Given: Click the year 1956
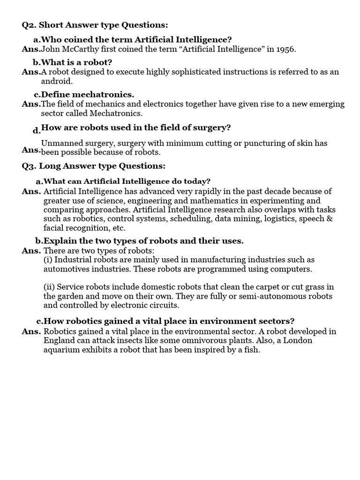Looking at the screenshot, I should pos(284,49).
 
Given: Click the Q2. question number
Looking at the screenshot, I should pos(30,25).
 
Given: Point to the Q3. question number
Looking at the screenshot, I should pos(30,166).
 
